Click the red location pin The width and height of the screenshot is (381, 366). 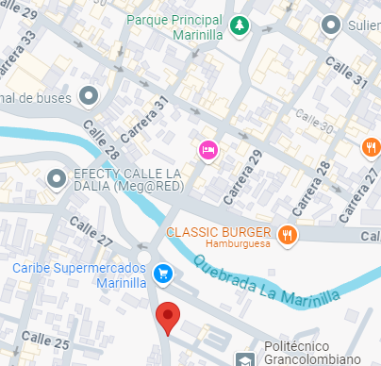point(168,318)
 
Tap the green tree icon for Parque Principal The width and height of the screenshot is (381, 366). point(241,25)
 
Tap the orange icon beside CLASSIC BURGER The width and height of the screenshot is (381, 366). point(288,234)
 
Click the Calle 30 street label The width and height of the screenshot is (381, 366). point(314,120)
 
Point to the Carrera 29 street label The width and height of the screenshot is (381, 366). point(242,175)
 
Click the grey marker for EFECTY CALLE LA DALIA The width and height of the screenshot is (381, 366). point(57,176)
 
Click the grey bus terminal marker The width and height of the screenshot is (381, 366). point(89,95)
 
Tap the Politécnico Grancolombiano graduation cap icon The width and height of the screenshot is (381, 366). point(245,358)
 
